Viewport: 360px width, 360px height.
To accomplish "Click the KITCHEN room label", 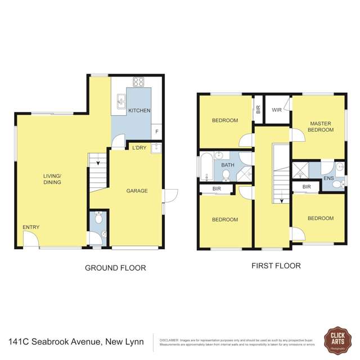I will [139, 110].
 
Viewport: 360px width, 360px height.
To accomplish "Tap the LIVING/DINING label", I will [52, 179].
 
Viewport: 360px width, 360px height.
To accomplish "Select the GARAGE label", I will [137, 191].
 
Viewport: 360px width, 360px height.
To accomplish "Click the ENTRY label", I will [31, 227].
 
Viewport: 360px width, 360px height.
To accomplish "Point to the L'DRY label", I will [139, 148].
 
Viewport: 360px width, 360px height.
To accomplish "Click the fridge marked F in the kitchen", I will [156, 132].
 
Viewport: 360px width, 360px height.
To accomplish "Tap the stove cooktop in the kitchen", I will [138, 82].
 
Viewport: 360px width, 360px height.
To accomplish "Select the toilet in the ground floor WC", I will [99, 218].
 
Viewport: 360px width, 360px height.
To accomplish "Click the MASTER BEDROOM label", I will [319, 127].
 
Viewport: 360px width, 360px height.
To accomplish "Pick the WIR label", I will [276, 110].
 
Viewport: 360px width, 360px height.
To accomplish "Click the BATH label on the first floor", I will [227, 165].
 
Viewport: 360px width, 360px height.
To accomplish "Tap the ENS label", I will [328, 179].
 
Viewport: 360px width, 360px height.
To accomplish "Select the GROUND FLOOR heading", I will [115, 268].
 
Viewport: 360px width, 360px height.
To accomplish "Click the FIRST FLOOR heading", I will [276, 265].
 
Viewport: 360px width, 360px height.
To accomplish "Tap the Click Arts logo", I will [337, 341].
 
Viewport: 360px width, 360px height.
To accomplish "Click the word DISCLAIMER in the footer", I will [169, 340].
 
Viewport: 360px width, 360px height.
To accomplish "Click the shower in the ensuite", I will [300, 170].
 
